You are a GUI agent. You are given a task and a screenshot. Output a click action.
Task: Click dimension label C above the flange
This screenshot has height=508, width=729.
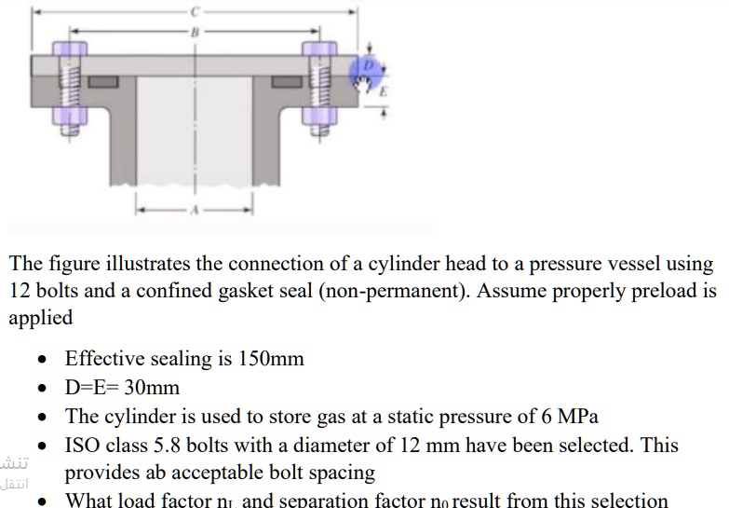[195, 11]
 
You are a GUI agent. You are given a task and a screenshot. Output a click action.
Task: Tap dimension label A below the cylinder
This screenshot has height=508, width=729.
[194, 210]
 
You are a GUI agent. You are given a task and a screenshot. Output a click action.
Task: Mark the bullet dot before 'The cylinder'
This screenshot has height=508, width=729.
[40, 417]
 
